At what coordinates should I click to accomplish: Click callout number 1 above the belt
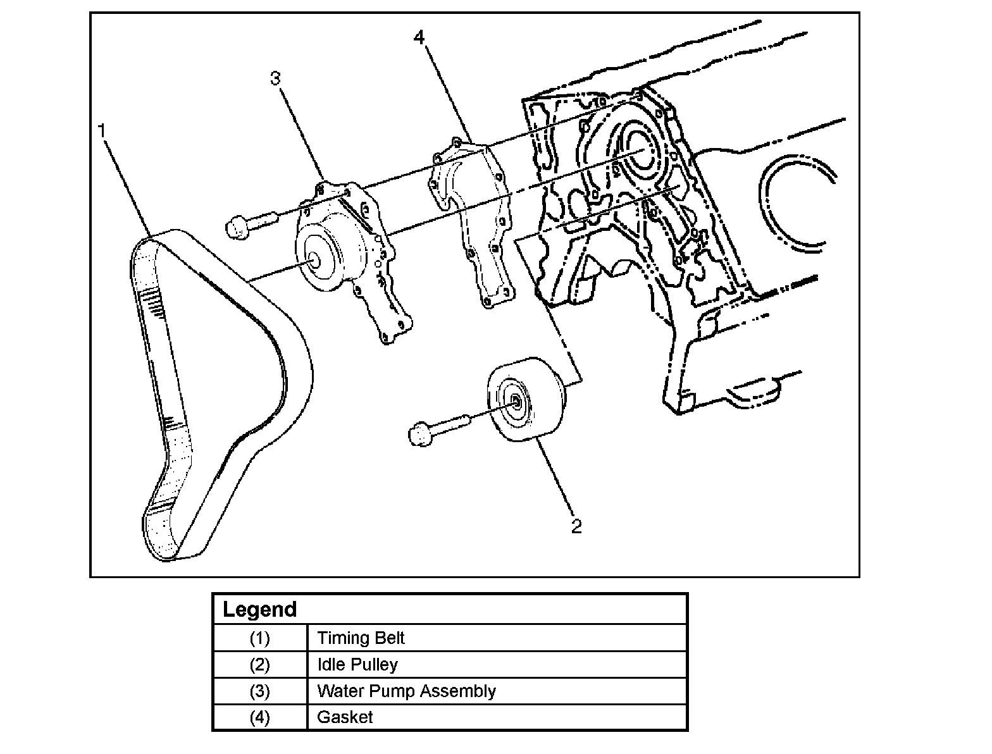(101, 131)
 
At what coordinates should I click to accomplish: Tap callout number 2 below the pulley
(576, 526)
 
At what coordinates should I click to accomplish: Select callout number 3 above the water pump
(275, 78)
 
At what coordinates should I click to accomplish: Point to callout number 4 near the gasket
(419, 37)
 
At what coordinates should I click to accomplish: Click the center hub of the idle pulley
(515, 401)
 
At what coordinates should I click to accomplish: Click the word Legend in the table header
(260, 610)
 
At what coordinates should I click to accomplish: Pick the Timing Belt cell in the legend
(361, 638)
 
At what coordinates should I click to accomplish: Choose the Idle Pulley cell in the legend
(357, 665)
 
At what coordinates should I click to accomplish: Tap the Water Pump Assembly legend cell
(406, 691)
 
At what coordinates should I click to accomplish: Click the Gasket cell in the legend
(345, 717)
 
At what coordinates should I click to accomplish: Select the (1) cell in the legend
(259, 638)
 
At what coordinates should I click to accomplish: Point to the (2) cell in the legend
(259, 665)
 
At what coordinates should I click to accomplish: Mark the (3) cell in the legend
(259, 691)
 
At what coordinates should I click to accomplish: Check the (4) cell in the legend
(259, 717)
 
